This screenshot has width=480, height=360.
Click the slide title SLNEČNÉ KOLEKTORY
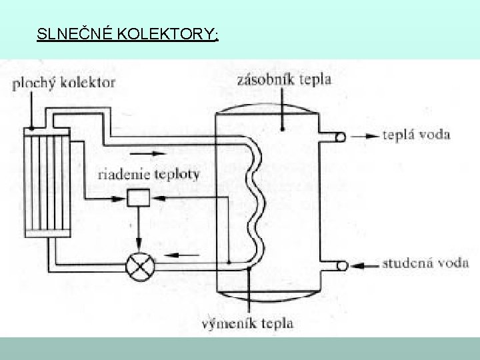(127, 35)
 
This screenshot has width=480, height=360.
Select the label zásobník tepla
(284, 80)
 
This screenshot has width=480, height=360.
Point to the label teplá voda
(417, 135)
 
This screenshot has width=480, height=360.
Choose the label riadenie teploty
(148, 175)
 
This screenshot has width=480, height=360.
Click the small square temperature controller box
(139, 197)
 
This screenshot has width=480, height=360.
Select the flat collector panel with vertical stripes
(46, 180)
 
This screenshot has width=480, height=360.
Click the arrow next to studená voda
(365, 265)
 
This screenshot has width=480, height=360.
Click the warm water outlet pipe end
(340, 137)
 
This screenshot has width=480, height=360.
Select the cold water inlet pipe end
(340, 265)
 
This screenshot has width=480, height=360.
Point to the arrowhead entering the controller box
(155, 197)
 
